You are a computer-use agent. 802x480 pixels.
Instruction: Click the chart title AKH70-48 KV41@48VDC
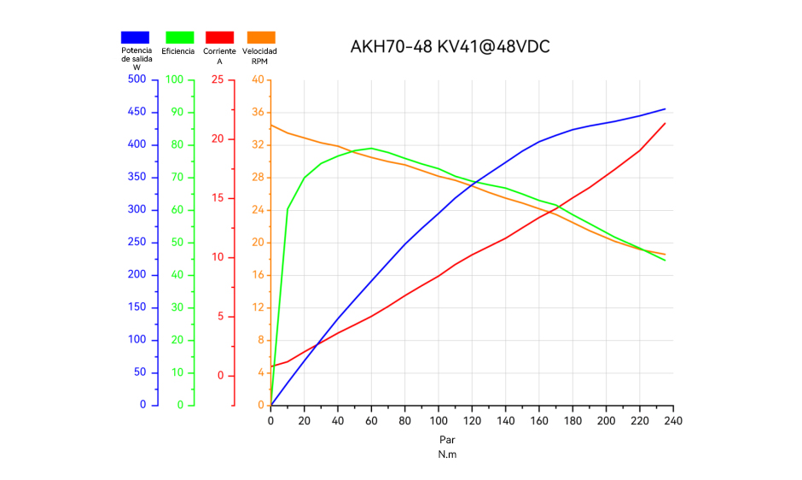[450, 47]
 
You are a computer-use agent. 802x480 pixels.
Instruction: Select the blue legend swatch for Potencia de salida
[136, 37]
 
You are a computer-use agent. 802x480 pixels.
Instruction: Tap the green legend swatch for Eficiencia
[180, 37]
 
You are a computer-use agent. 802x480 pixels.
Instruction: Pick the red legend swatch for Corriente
[219, 37]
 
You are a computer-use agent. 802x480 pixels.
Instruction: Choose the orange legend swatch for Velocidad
[261, 37]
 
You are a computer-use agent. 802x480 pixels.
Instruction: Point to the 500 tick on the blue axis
[136, 79]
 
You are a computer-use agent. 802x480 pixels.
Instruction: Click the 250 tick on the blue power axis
[136, 243]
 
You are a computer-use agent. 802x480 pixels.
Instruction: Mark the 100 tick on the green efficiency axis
[174, 79]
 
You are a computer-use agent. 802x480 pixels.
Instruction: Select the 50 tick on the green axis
[176, 243]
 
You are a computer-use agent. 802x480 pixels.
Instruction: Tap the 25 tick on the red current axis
[218, 79]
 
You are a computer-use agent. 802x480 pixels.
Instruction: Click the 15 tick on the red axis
[218, 198]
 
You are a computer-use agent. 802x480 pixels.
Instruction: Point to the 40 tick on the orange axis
[258, 79]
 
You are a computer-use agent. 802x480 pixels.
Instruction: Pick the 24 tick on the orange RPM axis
[258, 210]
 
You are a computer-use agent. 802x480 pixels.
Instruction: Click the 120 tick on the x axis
[472, 420]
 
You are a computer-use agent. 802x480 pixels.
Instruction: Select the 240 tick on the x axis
[673, 420]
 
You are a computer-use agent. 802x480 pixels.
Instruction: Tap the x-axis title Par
[447, 440]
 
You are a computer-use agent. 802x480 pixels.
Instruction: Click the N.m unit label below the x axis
[447, 454]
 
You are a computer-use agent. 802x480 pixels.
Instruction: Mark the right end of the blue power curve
[665, 108]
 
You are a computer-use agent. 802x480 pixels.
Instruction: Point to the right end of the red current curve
[665, 123]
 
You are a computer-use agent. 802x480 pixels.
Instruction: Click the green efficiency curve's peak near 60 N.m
[371, 148]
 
